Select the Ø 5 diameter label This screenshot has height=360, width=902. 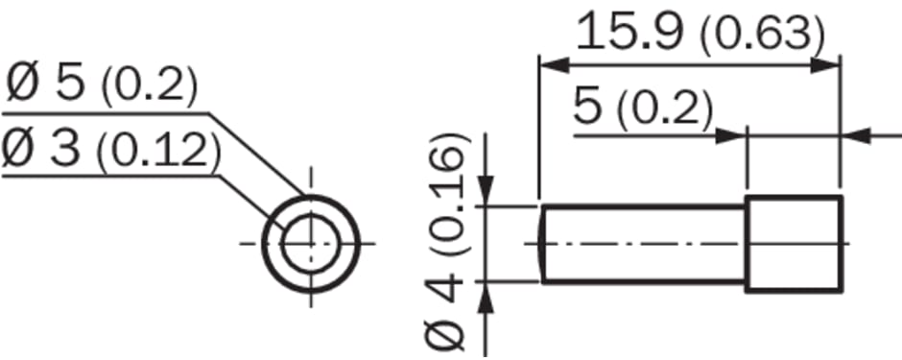[46, 84]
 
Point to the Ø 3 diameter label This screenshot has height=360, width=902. [42, 149]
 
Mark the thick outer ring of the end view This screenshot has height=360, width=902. [311, 197]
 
